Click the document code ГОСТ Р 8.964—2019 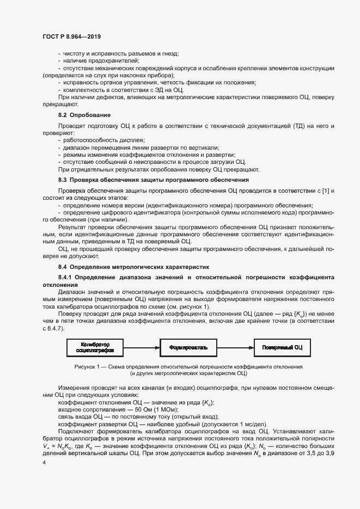(71, 36)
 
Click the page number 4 (44, 462)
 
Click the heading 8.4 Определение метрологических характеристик (133, 267)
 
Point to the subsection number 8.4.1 (66, 277)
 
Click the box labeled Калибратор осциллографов (95, 347)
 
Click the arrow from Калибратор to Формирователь (141, 347)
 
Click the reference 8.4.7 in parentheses (54, 329)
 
